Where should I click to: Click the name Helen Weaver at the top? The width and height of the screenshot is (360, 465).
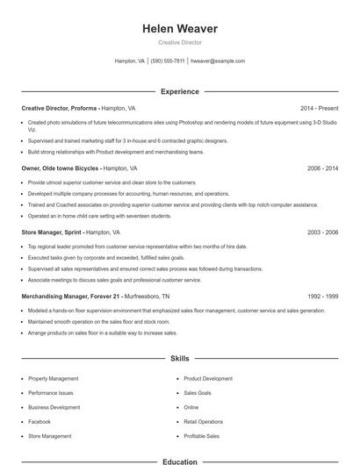pos(180,29)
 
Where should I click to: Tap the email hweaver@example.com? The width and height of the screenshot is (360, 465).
pos(218,61)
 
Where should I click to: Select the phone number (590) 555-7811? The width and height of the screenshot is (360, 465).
pos(168,61)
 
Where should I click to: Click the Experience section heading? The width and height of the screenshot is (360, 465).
pos(180,91)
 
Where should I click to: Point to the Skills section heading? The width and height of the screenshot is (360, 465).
pos(180,359)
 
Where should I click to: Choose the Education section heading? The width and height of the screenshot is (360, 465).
pos(180,460)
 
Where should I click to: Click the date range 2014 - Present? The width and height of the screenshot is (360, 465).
pos(319,108)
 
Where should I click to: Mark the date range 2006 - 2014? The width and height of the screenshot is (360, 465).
pos(322,167)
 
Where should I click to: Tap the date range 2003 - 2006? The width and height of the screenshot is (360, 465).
pos(322,232)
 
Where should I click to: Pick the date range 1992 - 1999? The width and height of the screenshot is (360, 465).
pos(322,297)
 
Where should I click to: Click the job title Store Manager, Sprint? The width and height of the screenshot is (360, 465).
pos(52,232)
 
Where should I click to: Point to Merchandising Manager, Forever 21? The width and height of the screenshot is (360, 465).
pos(70,297)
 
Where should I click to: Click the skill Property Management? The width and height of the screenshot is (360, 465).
pos(54,379)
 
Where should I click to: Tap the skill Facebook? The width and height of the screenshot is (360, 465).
pos(40,422)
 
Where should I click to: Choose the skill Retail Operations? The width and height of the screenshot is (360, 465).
pos(204,422)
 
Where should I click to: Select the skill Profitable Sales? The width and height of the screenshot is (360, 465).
pos(202,436)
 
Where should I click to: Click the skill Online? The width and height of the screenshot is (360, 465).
pos(191,408)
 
